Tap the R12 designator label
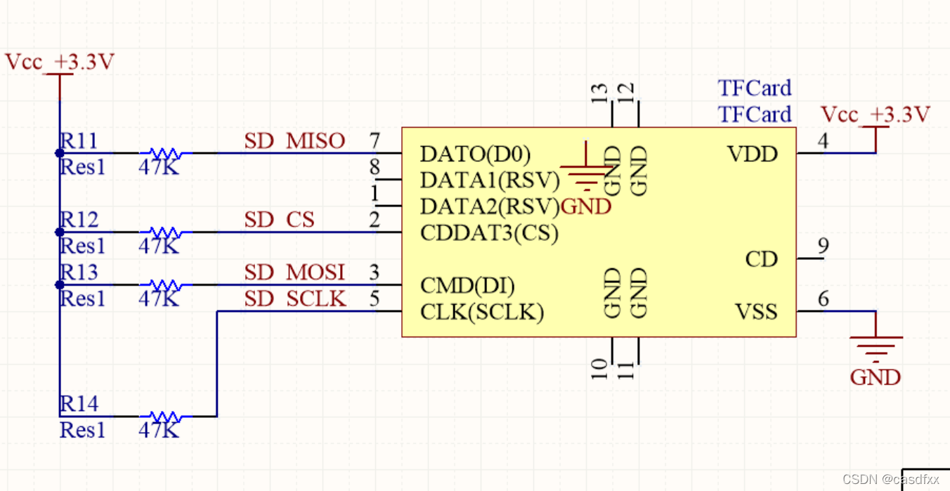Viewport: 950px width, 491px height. coord(79,220)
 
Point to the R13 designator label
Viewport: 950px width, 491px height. coord(79,272)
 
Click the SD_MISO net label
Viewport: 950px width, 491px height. coord(294,141)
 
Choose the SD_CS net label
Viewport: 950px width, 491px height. coord(279,220)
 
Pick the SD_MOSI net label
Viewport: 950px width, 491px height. coord(294,273)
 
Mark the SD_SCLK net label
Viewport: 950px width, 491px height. coord(295,299)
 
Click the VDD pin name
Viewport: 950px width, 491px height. coord(753,154)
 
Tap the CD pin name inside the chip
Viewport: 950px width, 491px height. coord(762,260)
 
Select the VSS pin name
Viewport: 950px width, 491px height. coord(756,312)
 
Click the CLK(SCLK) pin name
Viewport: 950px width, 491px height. coord(482,312)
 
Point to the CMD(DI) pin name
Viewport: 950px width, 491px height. coord(467,286)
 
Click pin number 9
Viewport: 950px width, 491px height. coord(823,247)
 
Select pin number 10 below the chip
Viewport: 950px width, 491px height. coord(599,368)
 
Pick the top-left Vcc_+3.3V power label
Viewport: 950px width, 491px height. coord(59,63)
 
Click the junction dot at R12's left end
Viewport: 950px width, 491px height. coord(60,232)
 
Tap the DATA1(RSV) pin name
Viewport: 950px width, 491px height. coord(489,181)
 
